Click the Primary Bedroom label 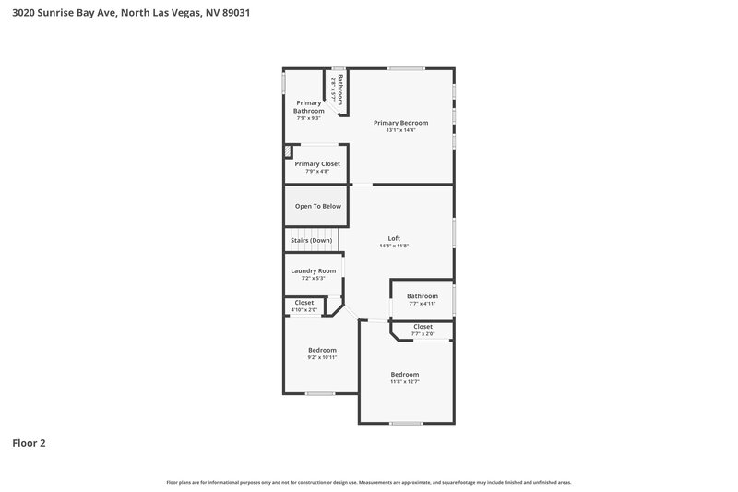point(400,123)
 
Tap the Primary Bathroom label point(308,107)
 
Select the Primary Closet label point(317,163)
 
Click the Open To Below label point(317,206)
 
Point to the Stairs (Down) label point(311,240)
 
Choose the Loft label point(394,238)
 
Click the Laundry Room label point(314,270)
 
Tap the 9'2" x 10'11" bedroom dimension point(322,357)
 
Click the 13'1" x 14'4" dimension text point(400,130)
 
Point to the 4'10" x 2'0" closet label point(304,309)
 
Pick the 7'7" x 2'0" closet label point(423,333)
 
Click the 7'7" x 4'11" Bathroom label point(423,296)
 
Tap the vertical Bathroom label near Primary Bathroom point(339,89)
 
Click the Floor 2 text point(29,443)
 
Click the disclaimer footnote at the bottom point(368,482)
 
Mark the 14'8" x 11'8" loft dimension point(394,246)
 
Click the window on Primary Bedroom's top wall point(406,68)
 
